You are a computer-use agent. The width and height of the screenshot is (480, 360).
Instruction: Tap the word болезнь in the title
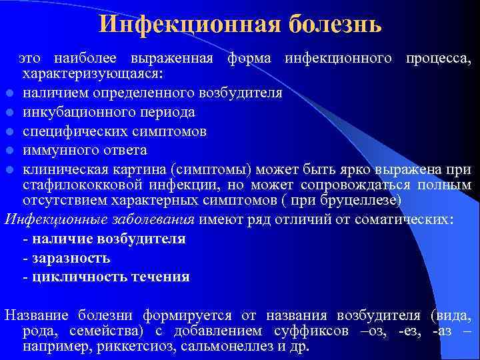click(x=335, y=24)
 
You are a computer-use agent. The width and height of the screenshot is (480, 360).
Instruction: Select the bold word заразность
click(x=71, y=258)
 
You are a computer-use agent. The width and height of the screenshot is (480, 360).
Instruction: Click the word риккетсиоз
click(x=133, y=347)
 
